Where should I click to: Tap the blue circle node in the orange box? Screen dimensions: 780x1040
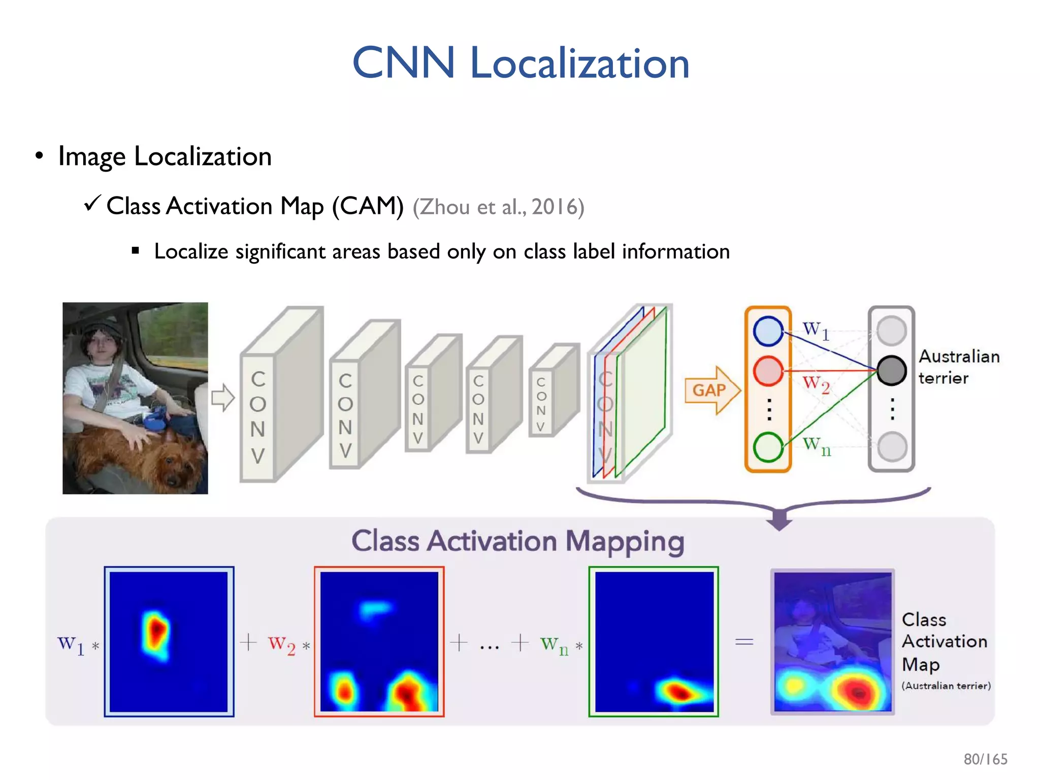point(768,331)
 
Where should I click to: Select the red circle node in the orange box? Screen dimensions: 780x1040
point(768,371)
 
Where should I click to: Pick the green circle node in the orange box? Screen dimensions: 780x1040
point(768,447)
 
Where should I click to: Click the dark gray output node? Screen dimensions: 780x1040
point(892,370)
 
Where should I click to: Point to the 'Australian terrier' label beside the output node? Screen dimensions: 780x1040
point(958,367)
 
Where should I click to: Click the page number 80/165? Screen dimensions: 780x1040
point(985,759)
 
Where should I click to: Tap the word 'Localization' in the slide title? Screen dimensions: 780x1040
point(579,63)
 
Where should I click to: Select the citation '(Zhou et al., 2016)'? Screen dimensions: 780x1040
point(498,207)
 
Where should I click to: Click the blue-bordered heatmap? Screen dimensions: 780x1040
point(169,641)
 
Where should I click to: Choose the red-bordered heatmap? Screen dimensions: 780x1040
point(379,641)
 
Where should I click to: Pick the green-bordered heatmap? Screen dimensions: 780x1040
point(654,641)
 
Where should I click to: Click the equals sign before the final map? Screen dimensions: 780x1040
point(744,642)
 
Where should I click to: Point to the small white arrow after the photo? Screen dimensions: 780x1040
point(223,397)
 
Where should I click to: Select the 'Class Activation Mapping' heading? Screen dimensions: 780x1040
point(517,541)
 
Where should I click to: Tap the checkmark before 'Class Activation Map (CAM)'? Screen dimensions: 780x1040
point(92,204)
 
